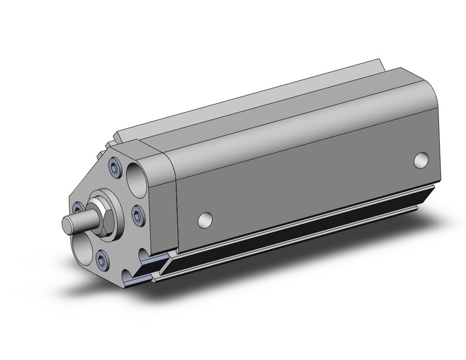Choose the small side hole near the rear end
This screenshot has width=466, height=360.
click(x=420, y=160)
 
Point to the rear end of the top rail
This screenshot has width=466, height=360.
click(x=379, y=64)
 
